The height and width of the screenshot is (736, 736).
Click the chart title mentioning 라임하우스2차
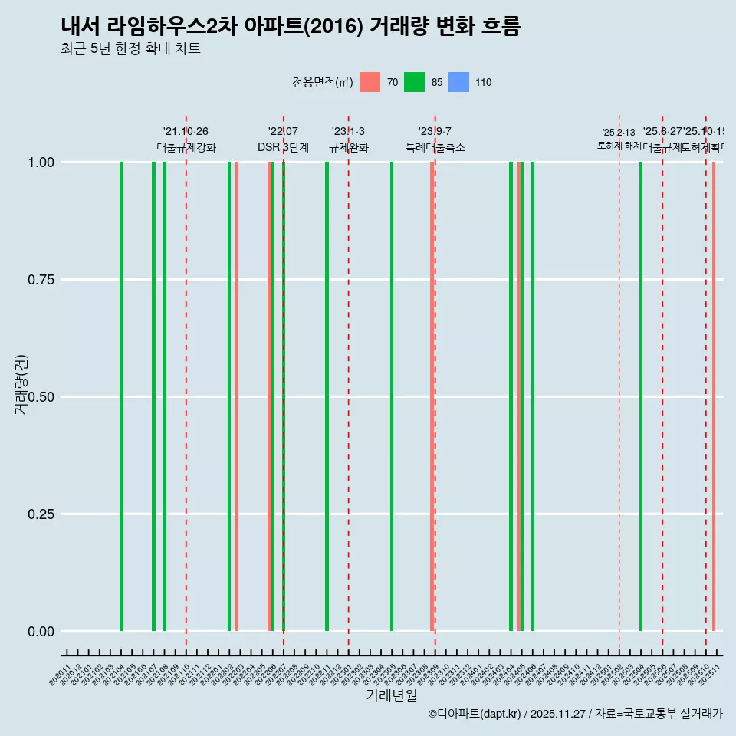[x=291, y=27]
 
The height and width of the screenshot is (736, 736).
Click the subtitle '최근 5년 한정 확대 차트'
[x=130, y=49]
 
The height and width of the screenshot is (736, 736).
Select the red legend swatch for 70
[x=370, y=82]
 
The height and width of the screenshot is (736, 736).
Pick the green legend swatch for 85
[x=414, y=82]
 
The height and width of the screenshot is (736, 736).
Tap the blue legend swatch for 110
[x=458, y=82]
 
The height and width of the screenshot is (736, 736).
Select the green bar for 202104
[x=121, y=396]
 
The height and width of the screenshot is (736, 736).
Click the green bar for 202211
[x=327, y=396]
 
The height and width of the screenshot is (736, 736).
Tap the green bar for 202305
[x=392, y=396]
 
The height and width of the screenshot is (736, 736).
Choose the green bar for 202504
[x=641, y=396]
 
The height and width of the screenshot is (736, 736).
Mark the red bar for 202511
[x=714, y=396]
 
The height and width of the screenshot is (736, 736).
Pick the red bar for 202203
[x=237, y=396]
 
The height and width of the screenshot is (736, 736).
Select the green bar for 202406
[x=533, y=396]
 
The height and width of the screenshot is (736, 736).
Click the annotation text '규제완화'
[x=349, y=148]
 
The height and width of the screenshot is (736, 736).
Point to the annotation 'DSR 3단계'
[x=283, y=148]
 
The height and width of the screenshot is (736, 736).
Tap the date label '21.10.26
[x=186, y=132]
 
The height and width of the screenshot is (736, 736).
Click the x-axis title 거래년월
[x=391, y=696]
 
